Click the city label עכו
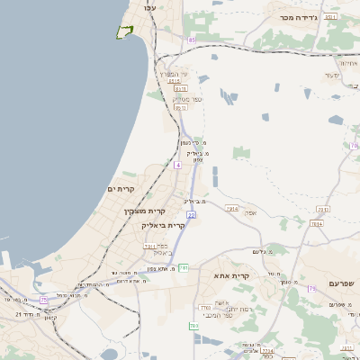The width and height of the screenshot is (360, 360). (149, 7)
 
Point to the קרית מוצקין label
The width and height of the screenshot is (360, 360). (144, 211)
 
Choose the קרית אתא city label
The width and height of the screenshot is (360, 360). (231, 274)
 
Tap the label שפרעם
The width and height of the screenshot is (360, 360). (342, 283)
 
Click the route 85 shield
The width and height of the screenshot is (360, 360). (191, 40)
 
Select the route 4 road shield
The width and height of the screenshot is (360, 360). (178, 166)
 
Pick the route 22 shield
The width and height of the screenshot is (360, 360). (191, 215)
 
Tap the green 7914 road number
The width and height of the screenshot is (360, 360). (231, 208)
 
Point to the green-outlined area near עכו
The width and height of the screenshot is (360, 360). (124, 32)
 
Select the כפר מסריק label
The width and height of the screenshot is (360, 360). (187, 99)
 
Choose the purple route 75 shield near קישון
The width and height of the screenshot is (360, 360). (43, 300)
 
